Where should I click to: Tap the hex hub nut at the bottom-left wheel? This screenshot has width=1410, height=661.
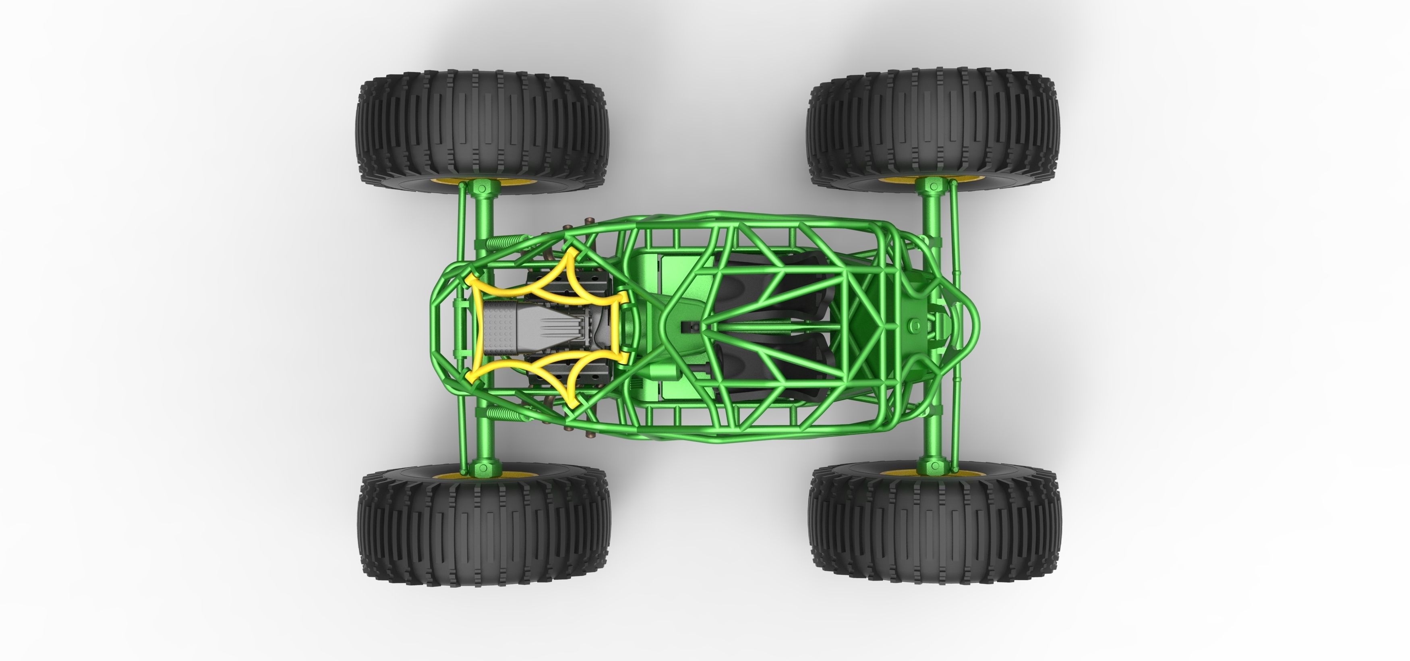(x=483, y=468)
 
